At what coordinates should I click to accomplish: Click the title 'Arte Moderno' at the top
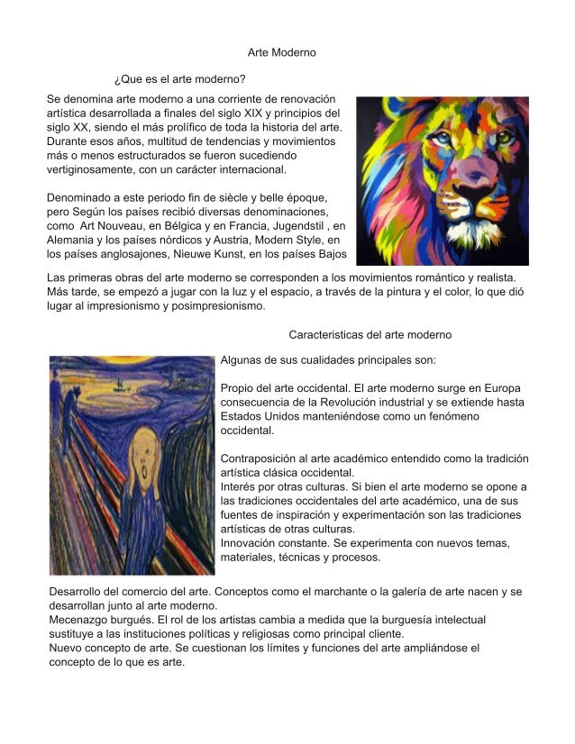(x=281, y=53)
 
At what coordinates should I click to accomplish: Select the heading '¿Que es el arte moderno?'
(x=180, y=79)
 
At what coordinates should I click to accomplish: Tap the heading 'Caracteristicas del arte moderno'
(x=370, y=334)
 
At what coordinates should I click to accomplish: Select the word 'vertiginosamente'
(x=94, y=168)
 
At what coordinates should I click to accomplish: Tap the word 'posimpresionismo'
(x=213, y=305)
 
